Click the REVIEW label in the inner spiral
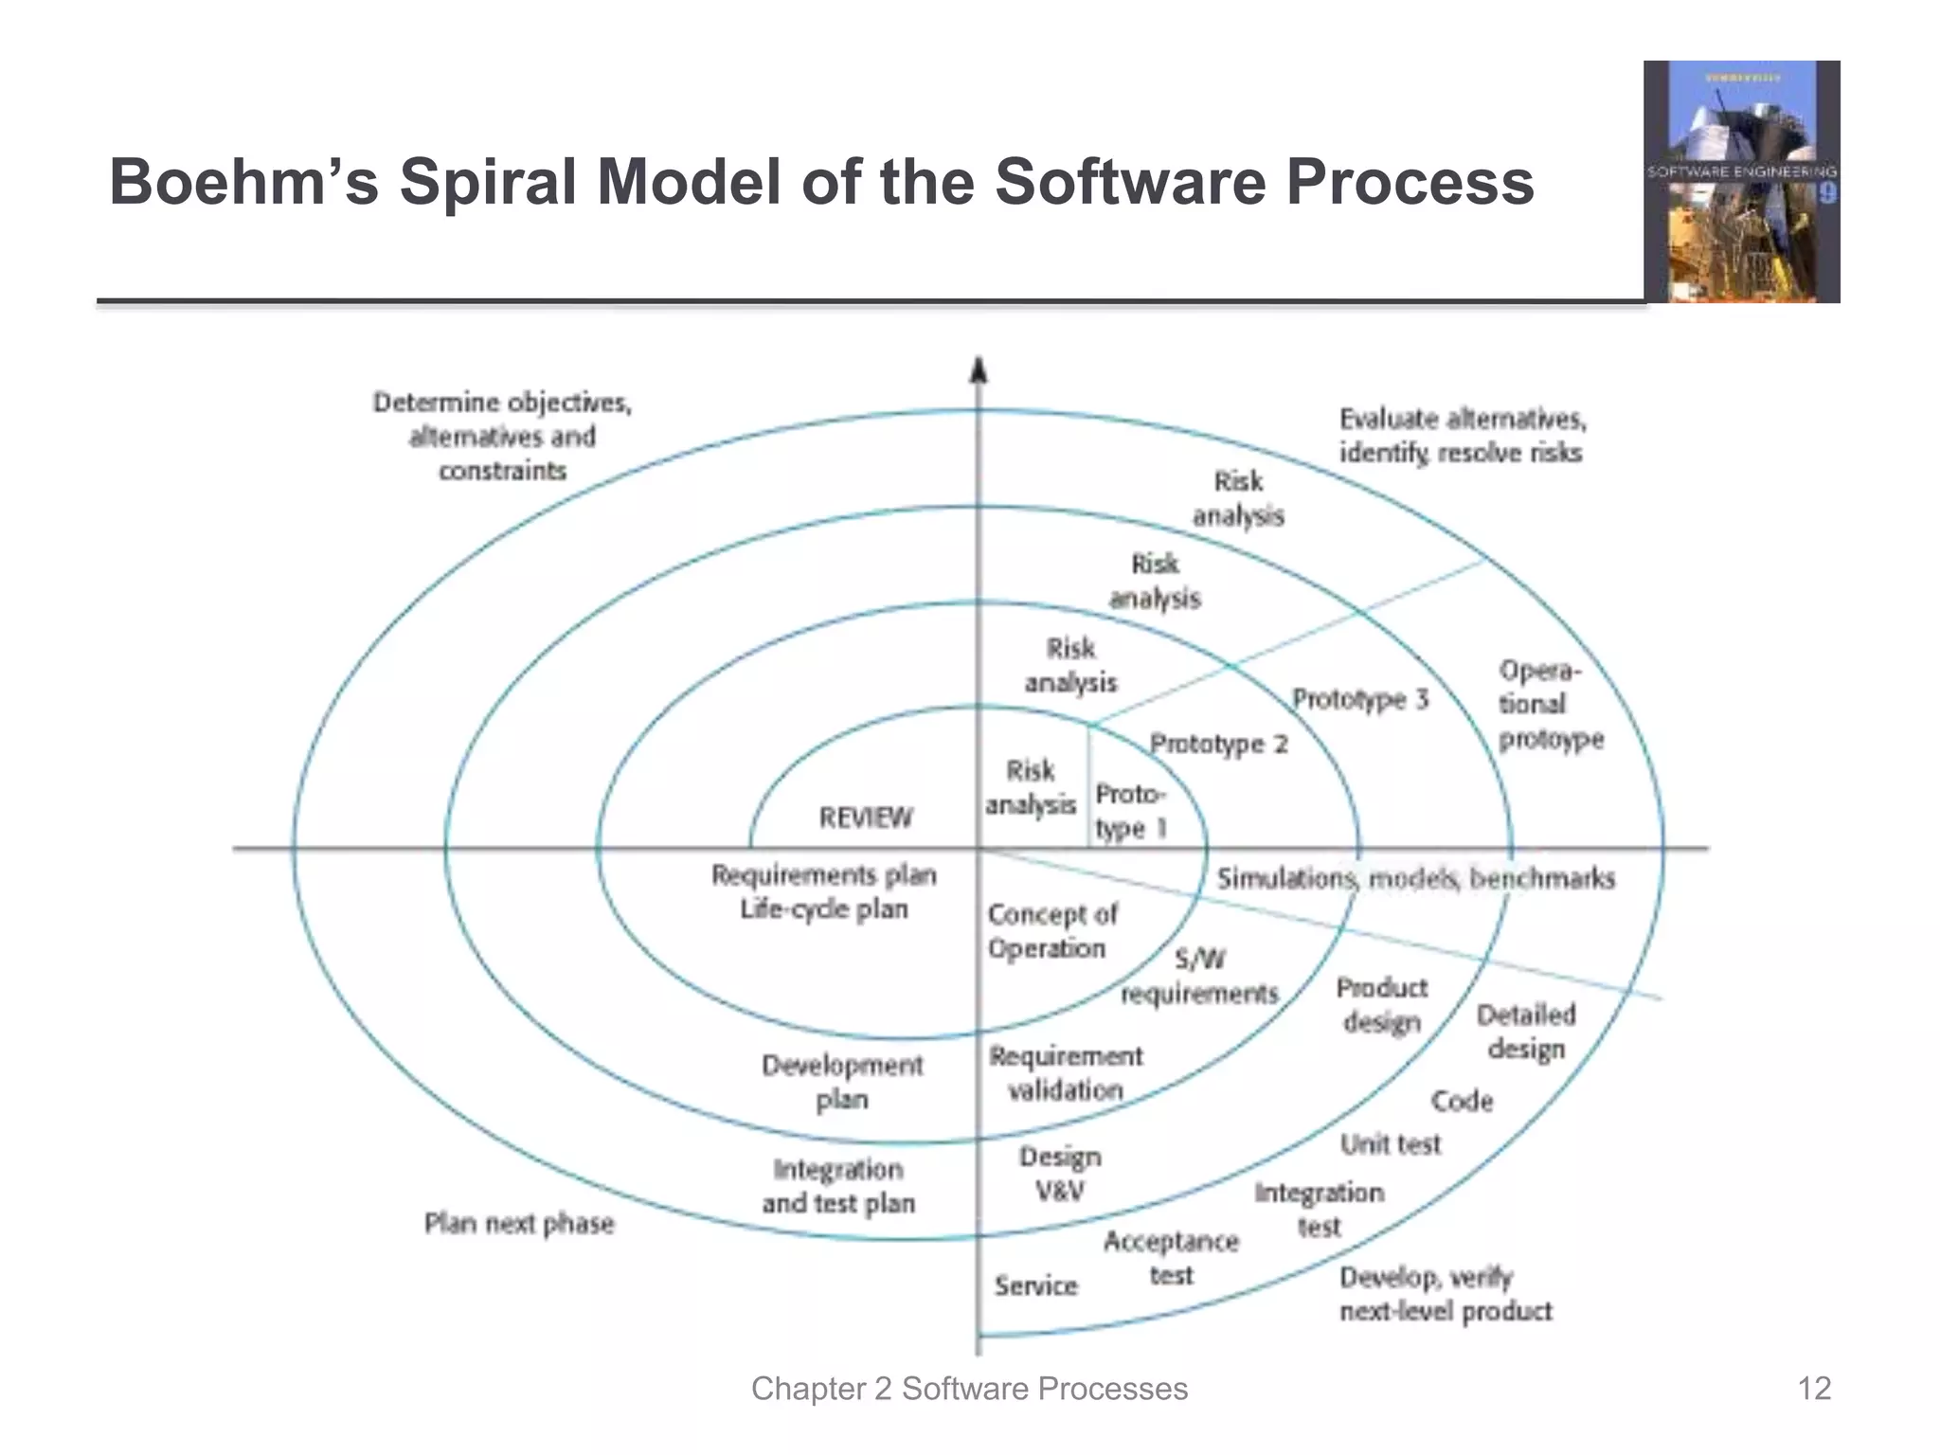point(866,817)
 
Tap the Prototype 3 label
point(1360,700)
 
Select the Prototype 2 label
point(1219,744)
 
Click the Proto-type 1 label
point(1131,811)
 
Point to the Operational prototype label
point(1550,705)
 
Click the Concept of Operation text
point(1051,931)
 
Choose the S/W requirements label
point(1200,977)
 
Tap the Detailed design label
point(1526,1032)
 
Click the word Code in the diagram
point(1462,1101)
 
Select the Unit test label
point(1390,1144)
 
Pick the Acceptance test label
point(1171,1258)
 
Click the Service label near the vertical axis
point(1036,1285)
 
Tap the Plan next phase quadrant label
point(519,1224)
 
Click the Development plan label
point(842,1082)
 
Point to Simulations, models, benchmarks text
point(1415,879)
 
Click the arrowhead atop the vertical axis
point(979,370)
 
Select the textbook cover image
point(1741,182)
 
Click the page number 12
point(1814,1389)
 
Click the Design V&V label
point(1060,1174)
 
